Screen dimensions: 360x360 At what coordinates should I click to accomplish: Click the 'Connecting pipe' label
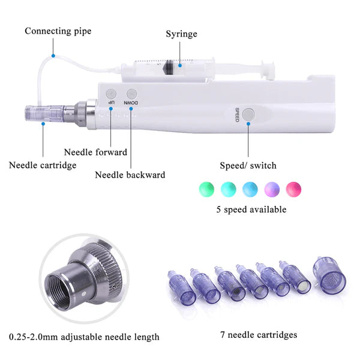point(58,31)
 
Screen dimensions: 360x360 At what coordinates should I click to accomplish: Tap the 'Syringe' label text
point(181,34)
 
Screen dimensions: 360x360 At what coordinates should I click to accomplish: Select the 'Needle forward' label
point(95,152)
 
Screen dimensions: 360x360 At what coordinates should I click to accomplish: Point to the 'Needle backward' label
point(130,175)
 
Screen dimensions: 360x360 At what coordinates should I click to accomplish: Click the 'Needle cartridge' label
point(43,164)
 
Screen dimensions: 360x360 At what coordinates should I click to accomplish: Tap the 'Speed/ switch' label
point(248,165)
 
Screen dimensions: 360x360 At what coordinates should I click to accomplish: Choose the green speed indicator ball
point(206,188)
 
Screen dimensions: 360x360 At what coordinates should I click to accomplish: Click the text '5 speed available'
point(251,209)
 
